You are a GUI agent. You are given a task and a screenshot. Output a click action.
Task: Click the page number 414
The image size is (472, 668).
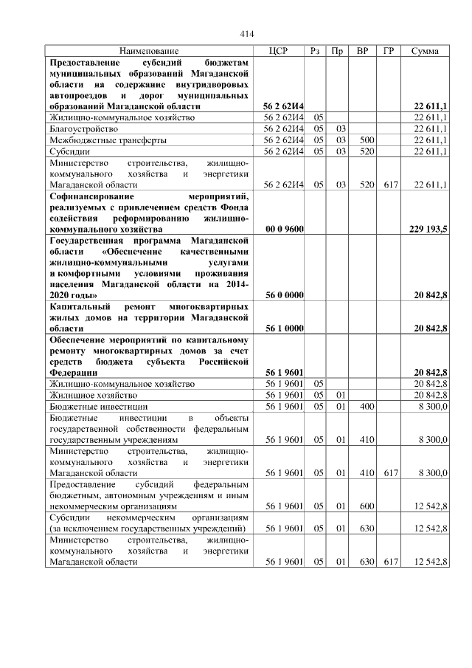(x=247, y=34)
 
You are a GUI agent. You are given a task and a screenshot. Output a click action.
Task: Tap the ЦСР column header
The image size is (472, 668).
(x=280, y=51)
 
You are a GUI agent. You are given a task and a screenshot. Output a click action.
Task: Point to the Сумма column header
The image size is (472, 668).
(x=425, y=51)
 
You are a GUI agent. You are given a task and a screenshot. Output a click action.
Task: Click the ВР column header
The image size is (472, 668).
(x=362, y=51)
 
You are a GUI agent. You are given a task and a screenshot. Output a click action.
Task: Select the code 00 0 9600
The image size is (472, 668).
(x=284, y=230)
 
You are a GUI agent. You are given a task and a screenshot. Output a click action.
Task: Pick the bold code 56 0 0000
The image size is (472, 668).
(x=284, y=295)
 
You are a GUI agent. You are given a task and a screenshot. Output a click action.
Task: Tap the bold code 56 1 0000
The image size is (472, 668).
(x=284, y=328)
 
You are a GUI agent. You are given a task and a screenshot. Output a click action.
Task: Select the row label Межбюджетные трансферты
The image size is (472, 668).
(x=107, y=140)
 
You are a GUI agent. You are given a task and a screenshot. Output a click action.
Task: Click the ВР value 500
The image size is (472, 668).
(x=362, y=140)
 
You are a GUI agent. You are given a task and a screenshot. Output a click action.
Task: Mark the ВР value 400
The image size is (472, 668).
(x=362, y=406)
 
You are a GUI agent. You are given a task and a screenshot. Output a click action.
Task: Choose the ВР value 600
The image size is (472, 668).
(x=362, y=506)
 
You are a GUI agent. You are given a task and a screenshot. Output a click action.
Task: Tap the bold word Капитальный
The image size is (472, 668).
(x=78, y=306)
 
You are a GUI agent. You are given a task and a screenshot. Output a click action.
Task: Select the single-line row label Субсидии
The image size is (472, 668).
(x=69, y=151)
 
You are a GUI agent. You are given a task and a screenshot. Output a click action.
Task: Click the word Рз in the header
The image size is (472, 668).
(x=315, y=51)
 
